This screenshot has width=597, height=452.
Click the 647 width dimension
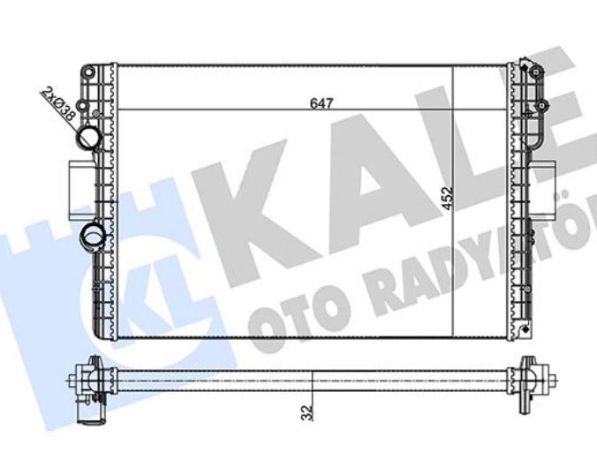click(x=321, y=103)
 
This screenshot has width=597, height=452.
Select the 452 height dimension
click(x=448, y=198)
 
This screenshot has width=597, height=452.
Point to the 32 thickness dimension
click(x=306, y=413)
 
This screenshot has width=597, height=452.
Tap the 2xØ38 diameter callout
click(x=58, y=103)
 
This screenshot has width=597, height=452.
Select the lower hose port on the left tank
click(x=91, y=237)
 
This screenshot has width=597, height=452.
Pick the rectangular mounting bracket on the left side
click(x=81, y=190)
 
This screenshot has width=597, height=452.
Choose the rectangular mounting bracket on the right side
click(x=542, y=190)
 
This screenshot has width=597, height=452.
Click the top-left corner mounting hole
click(x=88, y=72)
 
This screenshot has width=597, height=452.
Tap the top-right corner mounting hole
click(x=536, y=72)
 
